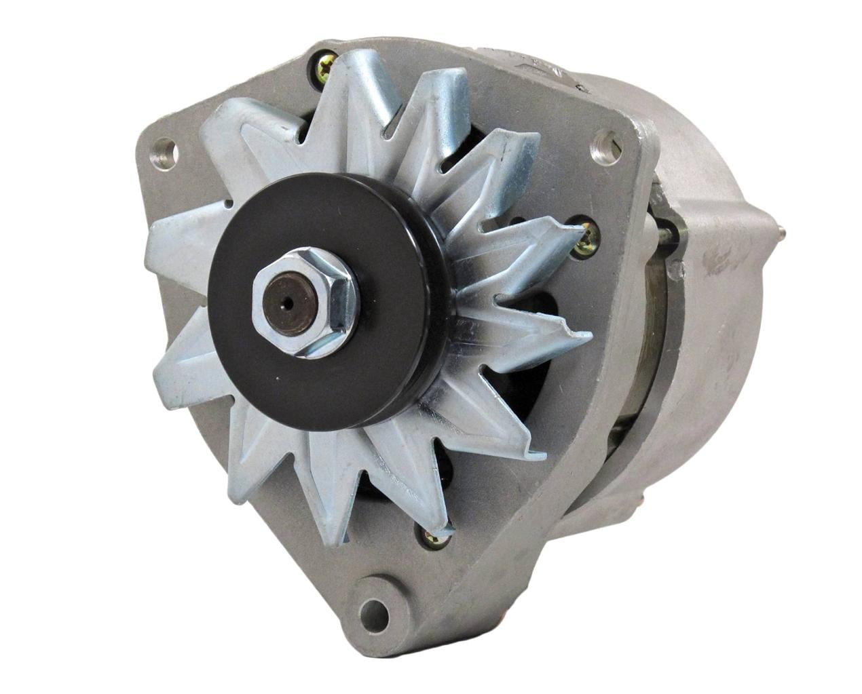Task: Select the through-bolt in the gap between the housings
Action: (669, 234)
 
